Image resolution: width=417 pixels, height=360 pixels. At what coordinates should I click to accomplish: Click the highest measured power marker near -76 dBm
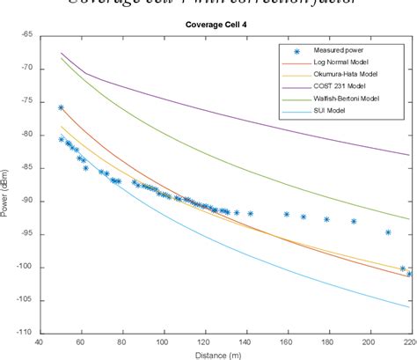tap(61, 107)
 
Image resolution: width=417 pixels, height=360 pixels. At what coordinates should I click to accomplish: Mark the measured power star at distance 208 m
tap(387, 232)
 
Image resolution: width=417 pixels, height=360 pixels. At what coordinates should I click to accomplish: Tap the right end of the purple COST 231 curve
tap(408, 155)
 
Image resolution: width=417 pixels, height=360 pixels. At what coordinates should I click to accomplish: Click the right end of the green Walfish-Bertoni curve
tap(408, 218)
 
